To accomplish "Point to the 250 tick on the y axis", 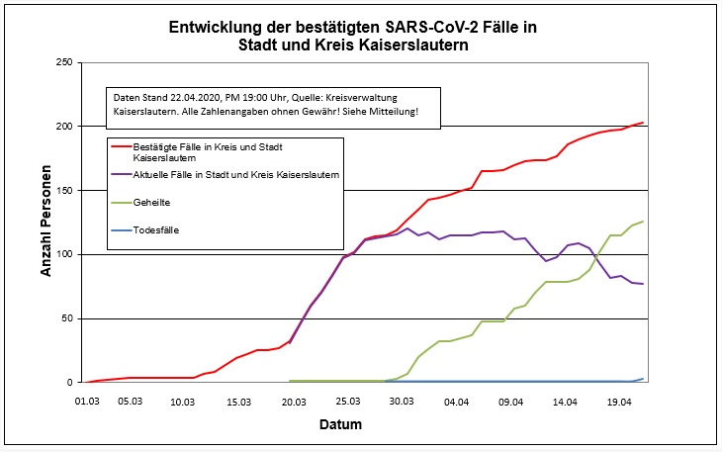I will [65, 62].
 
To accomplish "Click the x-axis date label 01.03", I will [87, 402].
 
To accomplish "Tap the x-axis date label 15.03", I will [239, 402].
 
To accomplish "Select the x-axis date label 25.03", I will [347, 402].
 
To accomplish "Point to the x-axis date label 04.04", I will [456, 402].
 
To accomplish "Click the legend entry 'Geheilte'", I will [151, 202].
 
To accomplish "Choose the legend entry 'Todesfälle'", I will [156, 230].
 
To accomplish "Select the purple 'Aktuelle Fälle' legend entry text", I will [236, 174].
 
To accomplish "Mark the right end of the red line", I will [643, 123].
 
